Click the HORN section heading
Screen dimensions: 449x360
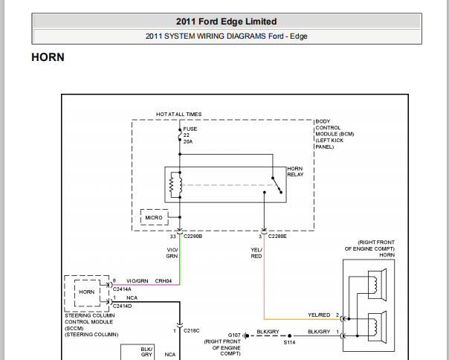48,57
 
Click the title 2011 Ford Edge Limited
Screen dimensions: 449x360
226,22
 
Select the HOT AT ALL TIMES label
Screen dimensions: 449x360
178,114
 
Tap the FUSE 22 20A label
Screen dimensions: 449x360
190,135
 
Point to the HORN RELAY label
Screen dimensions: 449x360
295,171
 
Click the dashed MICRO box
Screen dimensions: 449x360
154,217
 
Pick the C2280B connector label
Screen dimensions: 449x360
193,237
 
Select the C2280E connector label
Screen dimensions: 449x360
277,237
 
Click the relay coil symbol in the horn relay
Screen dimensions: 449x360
175,185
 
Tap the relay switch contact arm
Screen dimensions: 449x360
277,185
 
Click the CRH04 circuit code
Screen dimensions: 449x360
164,281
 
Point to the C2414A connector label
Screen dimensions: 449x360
122,289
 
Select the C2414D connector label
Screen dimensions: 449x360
122,306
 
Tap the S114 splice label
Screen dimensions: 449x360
289,342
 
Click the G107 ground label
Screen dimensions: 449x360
234,335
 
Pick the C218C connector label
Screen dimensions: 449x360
191,331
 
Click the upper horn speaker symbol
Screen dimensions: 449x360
377,285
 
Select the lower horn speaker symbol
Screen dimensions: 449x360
377,327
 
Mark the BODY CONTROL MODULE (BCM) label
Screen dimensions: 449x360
335,134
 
